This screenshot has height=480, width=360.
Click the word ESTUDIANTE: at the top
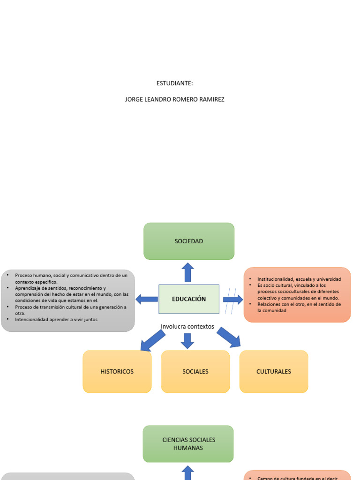(174, 83)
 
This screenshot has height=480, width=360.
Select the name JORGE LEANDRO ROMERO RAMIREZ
(174, 99)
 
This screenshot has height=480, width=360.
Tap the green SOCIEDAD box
(188, 241)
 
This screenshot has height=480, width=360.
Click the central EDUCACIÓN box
(188, 299)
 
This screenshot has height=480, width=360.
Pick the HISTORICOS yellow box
(117, 371)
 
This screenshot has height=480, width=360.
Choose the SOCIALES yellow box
(195, 371)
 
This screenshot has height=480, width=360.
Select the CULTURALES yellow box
(273, 371)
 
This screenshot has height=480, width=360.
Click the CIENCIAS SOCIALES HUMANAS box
(188, 443)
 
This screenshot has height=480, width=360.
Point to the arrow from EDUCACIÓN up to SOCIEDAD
(188, 272)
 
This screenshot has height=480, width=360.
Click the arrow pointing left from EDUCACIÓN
(147, 299)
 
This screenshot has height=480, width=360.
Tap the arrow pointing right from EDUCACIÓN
(232, 299)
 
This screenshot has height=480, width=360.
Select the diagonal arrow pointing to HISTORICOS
(153, 340)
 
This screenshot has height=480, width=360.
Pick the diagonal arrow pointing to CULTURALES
(228, 337)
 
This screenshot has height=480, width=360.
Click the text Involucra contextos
(187, 326)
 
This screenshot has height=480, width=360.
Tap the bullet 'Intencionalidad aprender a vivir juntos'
(56, 319)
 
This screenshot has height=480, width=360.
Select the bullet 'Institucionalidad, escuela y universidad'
(299, 279)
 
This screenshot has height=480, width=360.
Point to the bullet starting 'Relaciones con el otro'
(299, 307)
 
